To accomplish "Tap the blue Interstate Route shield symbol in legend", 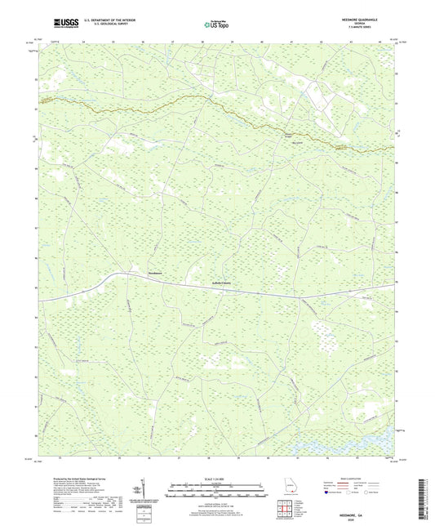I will [x=327, y=493].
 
